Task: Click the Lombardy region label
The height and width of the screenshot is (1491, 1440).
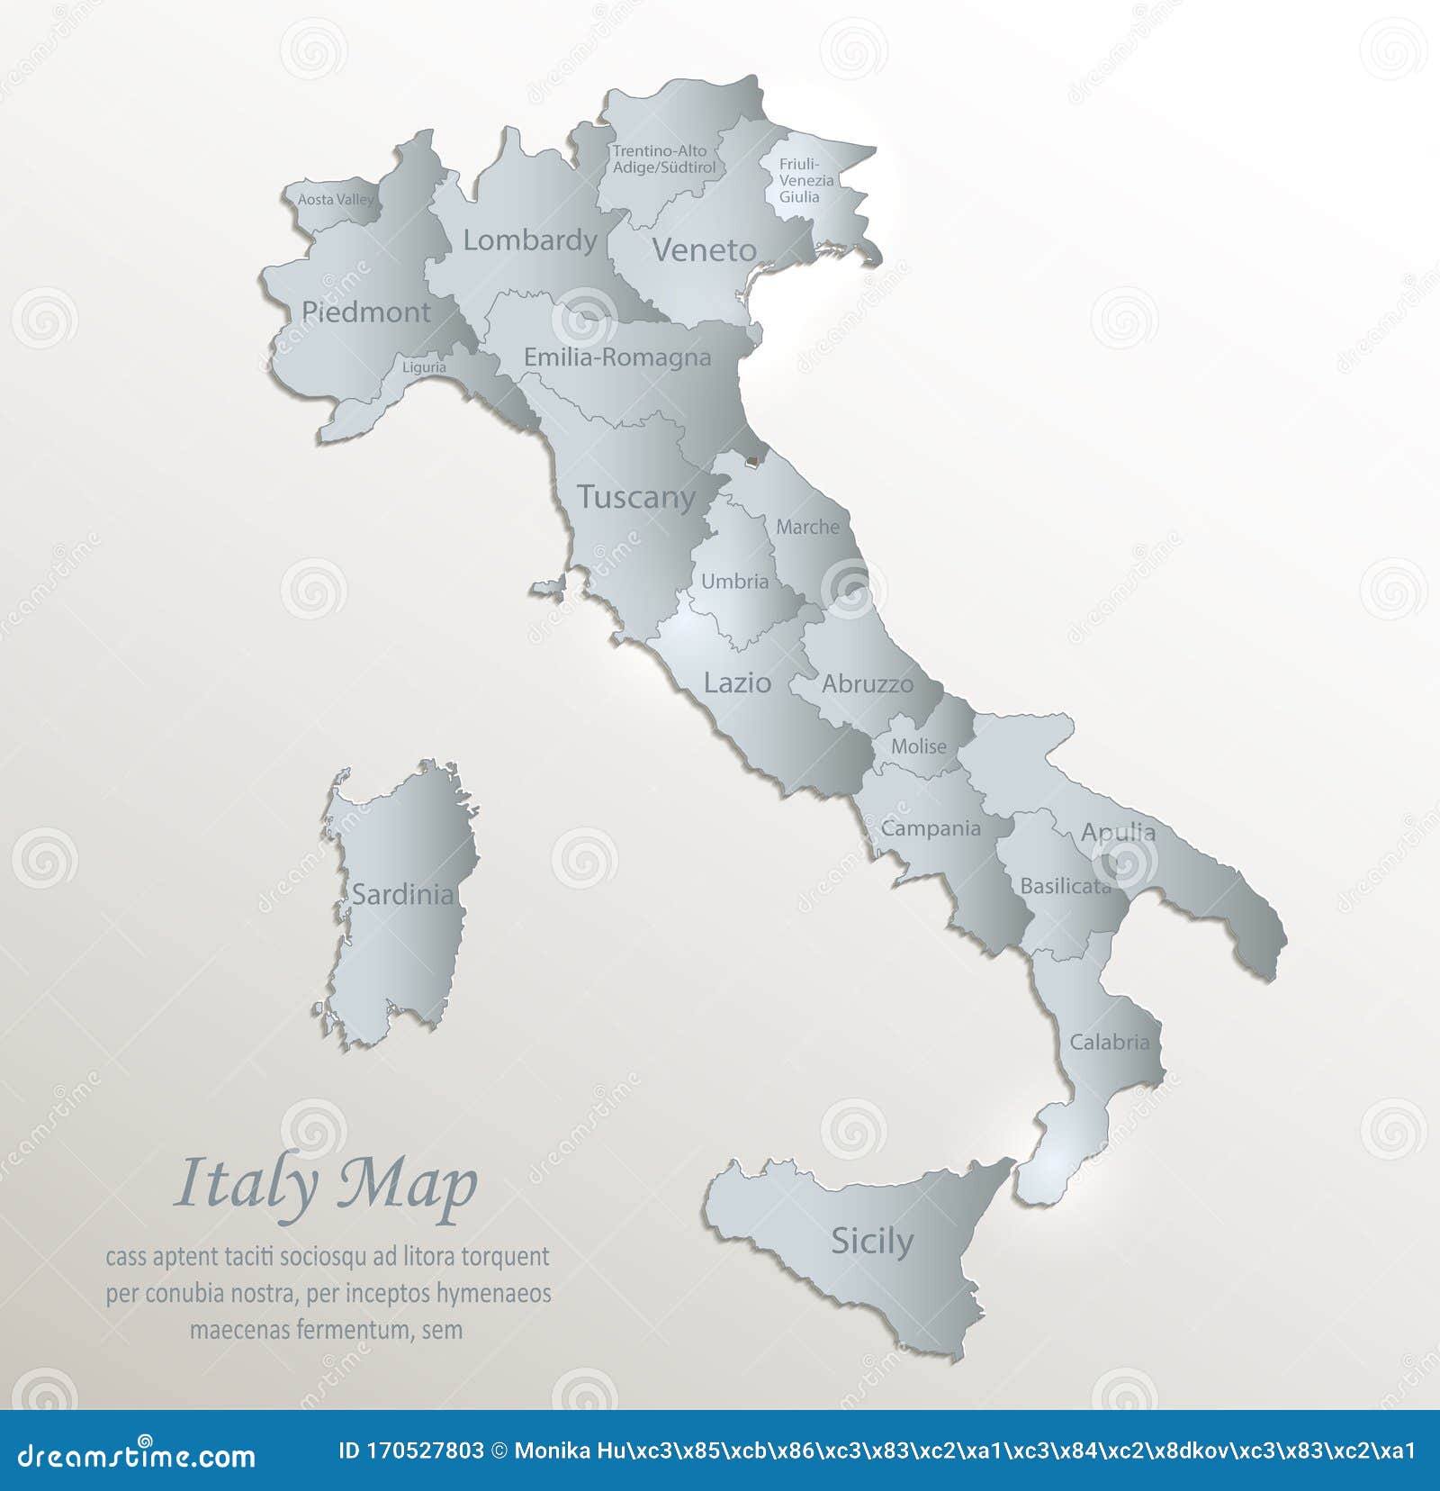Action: (530, 240)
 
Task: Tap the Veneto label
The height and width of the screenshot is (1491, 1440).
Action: (704, 250)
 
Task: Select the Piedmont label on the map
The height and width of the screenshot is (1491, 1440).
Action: (365, 312)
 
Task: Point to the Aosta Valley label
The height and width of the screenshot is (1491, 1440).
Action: (335, 199)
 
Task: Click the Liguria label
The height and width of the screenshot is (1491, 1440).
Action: (424, 367)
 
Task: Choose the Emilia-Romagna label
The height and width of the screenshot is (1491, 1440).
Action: (617, 357)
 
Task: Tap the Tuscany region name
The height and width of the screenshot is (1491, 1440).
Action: (636, 497)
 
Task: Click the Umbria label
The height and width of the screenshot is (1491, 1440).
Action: (734, 582)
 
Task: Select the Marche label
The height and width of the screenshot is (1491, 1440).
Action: (807, 528)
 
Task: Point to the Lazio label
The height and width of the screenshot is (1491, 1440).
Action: (737, 683)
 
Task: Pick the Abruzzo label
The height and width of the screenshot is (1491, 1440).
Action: (867, 684)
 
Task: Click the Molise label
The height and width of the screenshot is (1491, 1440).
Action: (918, 746)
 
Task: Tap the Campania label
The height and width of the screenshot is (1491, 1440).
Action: (931, 828)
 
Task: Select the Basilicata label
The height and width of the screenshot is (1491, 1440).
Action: (1066, 886)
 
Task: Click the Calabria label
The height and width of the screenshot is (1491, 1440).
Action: (1110, 1043)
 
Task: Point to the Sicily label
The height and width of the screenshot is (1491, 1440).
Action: (871, 1242)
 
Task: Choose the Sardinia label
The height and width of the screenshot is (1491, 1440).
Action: (402, 894)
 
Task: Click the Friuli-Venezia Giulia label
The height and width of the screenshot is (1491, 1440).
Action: (805, 180)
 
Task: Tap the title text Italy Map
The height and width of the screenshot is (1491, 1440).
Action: (325, 1186)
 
